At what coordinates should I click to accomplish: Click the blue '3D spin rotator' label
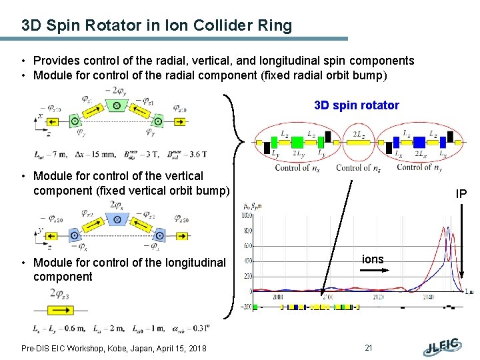click(357, 105)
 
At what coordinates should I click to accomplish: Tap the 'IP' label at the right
click(461, 194)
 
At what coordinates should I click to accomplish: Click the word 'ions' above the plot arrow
click(373, 259)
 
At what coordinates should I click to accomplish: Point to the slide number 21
click(369, 348)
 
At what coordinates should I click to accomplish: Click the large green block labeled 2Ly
click(298, 141)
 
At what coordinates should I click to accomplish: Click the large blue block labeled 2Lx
click(420, 141)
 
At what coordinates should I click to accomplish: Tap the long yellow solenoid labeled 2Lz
click(358, 142)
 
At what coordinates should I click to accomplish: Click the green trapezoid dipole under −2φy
click(117, 106)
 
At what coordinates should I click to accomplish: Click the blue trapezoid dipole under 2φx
click(117, 220)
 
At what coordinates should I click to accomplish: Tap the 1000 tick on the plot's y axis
click(247, 215)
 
